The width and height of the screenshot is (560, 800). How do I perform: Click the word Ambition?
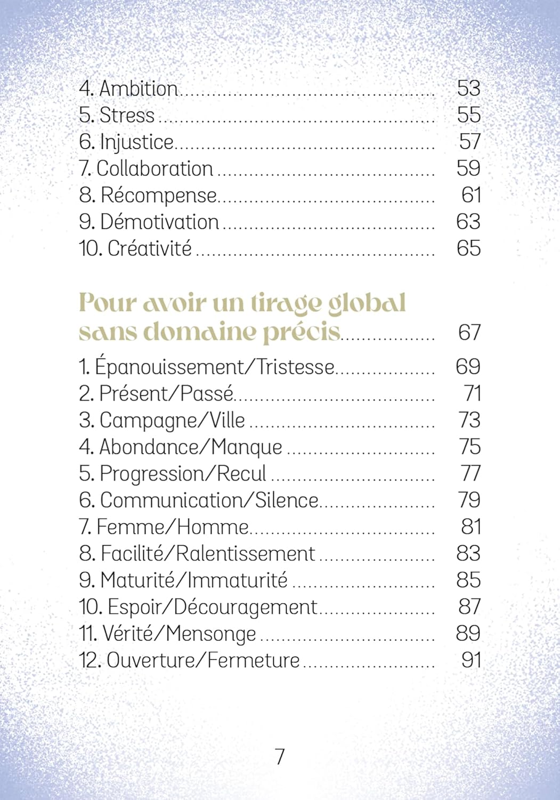tap(138, 89)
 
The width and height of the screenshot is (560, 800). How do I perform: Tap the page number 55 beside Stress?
tap(468, 115)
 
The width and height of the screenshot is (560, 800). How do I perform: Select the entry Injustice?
tap(136, 142)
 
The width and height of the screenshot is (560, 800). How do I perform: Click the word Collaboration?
tap(155, 169)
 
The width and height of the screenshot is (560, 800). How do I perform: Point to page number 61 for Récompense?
tap(471, 195)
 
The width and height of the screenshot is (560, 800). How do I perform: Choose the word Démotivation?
tap(159, 222)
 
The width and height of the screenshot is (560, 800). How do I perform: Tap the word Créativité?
tap(149, 249)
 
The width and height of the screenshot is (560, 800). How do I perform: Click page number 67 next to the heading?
tap(469, 332)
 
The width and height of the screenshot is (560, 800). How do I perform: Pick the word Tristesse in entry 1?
tap(295, 367)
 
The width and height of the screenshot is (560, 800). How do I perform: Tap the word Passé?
tap(207, 394)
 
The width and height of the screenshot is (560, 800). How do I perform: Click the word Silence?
tap(287, 500)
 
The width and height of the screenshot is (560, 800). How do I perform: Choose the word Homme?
tap(213, 527)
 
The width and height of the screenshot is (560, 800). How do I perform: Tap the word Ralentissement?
tap(245, 554)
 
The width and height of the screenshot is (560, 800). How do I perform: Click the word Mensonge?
tap(211, 634)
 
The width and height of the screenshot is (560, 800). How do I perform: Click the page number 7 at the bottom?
tap(280, 756)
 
